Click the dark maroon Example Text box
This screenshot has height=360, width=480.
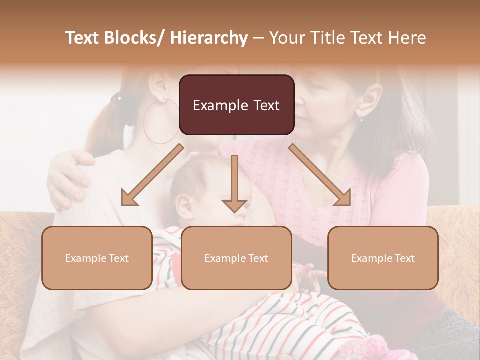pyautogui.click(x=236, y=105)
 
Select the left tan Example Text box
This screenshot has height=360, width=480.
pyautogui.click(x=97, y=258)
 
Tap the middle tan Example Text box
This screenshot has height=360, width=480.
pyautogui.click(x=236, y=258)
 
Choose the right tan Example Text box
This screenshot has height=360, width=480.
pyautogui.click(x=383, y=258)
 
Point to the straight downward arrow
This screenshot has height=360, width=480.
pyautogui.click(x=234, y=185)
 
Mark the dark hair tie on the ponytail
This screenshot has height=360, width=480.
pyautogui.click(x=116, y=98)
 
